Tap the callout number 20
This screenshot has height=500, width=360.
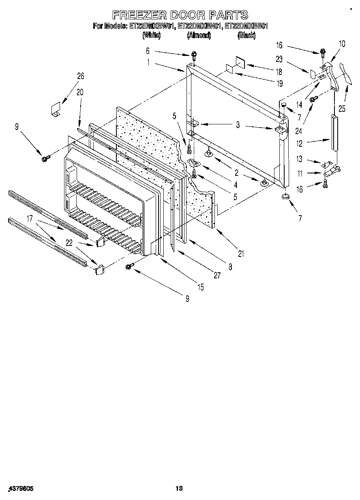pyautogui.click(x=79, y=92)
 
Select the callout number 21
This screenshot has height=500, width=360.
pyautogui.click(x=241, y=254)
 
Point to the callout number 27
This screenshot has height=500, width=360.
pyautogui.click(x=217, y=275)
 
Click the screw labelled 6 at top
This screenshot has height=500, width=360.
pyautogui.click(x=194, y=54)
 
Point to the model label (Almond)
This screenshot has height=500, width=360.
pyautogui.click(x=199, y=36)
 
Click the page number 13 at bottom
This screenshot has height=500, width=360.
pyautogui.click(x=178, y=489)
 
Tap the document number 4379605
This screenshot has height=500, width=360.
pyautogui.click(x=21, y=489)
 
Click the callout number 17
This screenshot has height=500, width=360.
pyautogui.click(x=30, y=218)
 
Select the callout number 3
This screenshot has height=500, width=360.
pyautogui.click(x=238, y=126)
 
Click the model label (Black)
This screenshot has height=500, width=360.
pyautogui.click(x=246, y=36)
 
